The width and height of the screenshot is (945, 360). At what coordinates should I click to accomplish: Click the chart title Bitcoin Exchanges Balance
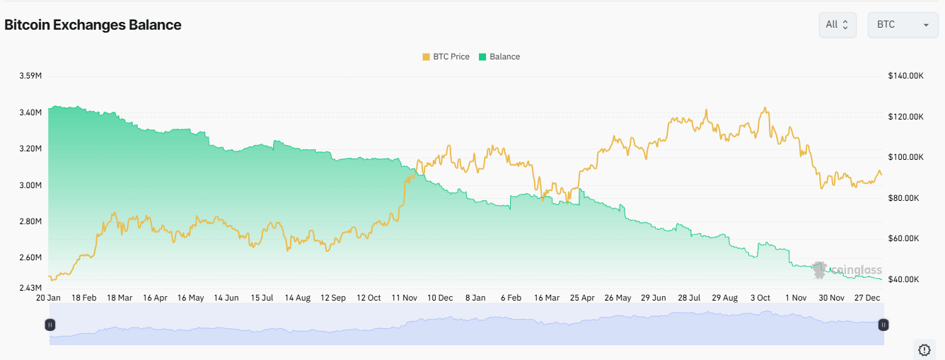tap(93, 25)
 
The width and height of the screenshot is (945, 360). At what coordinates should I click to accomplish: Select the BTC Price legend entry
tap(446, 57)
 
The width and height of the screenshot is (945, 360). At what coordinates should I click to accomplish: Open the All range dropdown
tap(838, 25)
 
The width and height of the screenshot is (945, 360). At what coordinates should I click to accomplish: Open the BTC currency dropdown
tap(903, 25)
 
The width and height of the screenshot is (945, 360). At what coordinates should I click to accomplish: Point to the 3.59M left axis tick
tap(29, 76)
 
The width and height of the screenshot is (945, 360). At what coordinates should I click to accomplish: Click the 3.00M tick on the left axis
tap(29, 185)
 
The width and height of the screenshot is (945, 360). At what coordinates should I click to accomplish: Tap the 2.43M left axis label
tap(29, 288)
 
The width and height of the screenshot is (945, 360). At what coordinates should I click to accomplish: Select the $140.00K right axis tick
tap(906, 76)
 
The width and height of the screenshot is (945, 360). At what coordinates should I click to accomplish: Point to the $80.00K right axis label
tap(904, 198)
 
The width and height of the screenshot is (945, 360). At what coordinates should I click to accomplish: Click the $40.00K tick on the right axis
tap(904, 279)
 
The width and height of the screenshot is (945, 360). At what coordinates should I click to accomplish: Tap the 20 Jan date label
tap(49, 298)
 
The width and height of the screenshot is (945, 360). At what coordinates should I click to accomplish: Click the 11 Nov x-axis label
tap(404, 298)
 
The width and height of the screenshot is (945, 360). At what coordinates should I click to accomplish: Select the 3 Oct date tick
tap(760, 298)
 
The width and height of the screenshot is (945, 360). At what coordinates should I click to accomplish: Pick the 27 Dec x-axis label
tap(867, 298)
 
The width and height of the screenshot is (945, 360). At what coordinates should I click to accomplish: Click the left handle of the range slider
tap(50, 325)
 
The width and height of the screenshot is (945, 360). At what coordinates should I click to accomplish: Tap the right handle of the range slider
tap(883, 325)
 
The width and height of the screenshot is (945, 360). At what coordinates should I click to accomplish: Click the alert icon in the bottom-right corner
tap(924, 349)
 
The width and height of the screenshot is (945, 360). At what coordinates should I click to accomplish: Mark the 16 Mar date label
tap(547, 298)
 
